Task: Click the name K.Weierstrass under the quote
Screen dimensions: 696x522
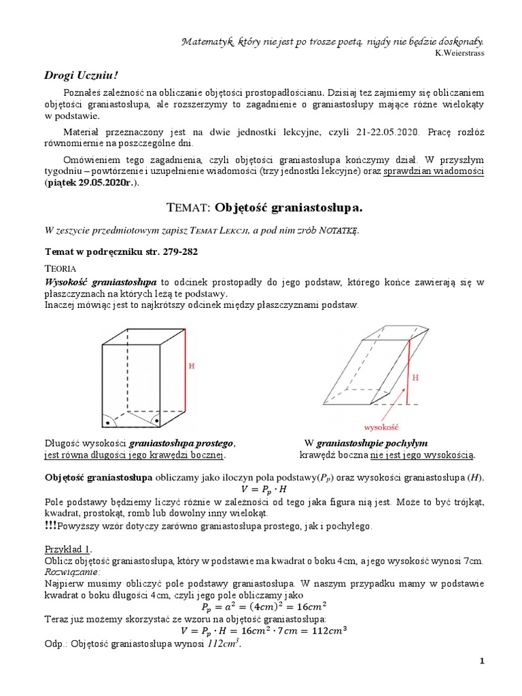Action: tap(460, 54)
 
